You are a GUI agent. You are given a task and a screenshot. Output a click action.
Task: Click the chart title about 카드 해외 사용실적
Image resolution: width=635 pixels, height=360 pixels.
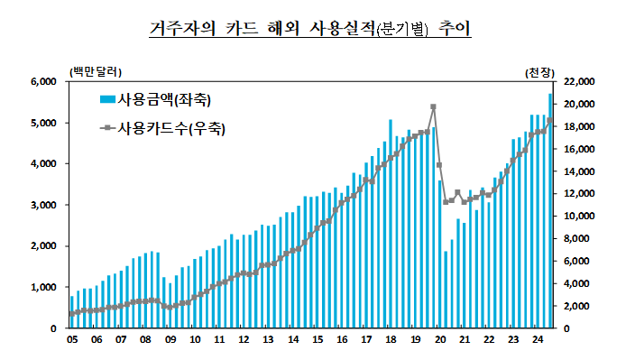click(x=310, y=29)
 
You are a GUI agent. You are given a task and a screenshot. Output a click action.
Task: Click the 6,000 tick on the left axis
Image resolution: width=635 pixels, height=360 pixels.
click(x=43, y=82)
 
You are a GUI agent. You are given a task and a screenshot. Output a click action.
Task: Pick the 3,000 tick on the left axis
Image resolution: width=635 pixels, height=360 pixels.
click(x=43, y=206)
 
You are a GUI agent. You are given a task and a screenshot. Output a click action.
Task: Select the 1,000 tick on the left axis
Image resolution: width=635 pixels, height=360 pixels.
click(x=43, y=288)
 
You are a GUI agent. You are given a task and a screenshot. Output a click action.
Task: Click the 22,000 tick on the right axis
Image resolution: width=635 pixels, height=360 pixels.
click(x=575, y=82)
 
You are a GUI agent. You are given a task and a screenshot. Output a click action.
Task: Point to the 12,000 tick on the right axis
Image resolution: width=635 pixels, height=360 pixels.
click(x=575, y=194)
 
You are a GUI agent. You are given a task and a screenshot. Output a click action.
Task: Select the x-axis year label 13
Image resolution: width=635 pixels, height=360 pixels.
click(x=268, y=340)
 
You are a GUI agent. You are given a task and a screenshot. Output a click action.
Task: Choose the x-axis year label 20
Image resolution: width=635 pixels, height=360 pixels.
click(x=440, y=340)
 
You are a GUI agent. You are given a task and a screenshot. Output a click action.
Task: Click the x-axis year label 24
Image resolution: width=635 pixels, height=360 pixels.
click(x=538, y=340)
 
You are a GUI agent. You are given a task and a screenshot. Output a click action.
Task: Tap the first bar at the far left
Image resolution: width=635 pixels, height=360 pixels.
click(x=72, y=312)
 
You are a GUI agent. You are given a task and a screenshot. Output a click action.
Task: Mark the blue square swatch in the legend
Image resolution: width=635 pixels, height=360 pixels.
click(x=106, y=98)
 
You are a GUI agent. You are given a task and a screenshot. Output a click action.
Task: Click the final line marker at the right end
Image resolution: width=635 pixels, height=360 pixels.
click(x=550, y=120)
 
